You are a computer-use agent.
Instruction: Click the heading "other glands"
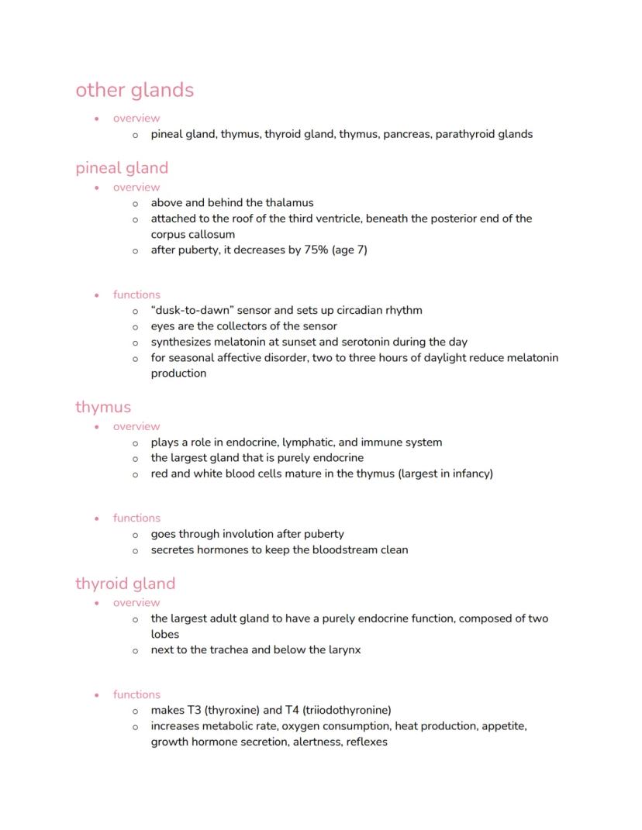pyautogui.click(x=134, y=90)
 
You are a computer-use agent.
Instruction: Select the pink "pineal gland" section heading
pyautogui.click(x=122, y=167)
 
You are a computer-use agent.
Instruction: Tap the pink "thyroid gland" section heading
pyautogui.click(x=126, y=583)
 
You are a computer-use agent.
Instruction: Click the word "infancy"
pyautogui.click(x=468, y=474)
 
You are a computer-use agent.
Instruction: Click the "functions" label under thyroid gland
pyautogui.click(x=136, y=694)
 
